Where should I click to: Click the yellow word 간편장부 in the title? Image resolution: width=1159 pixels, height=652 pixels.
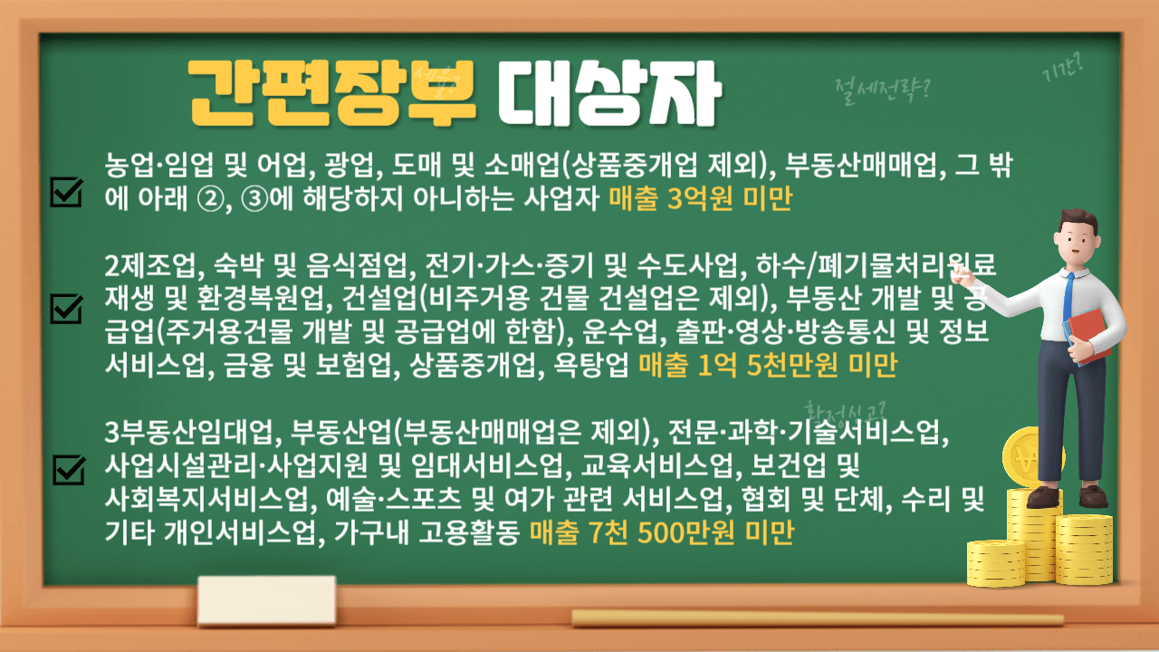pyautogui.click(x=332, y=91)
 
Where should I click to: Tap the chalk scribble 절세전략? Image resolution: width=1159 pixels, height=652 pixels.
pyautogui.click(x=886, y=85)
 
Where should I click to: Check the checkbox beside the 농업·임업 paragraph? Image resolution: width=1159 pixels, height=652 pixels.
pyautogui.click(x=68, y=191)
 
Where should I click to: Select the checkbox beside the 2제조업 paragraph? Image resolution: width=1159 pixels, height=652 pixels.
pyautogui.click(x=68, y=308)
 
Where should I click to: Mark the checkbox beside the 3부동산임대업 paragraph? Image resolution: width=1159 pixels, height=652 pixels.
pyautogui.click(x=68, y=469)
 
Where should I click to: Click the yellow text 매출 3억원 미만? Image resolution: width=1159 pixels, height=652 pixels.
pyautogui.click(x=700, y=200)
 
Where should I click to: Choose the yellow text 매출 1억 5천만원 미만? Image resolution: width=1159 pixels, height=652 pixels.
pyautogui.click(x=767, y=366)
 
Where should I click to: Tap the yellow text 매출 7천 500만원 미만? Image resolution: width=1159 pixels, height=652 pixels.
pyautogui.click(x=661, y=534)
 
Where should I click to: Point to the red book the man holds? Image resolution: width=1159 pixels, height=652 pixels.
pyautogui.click(x=1090, y=334)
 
